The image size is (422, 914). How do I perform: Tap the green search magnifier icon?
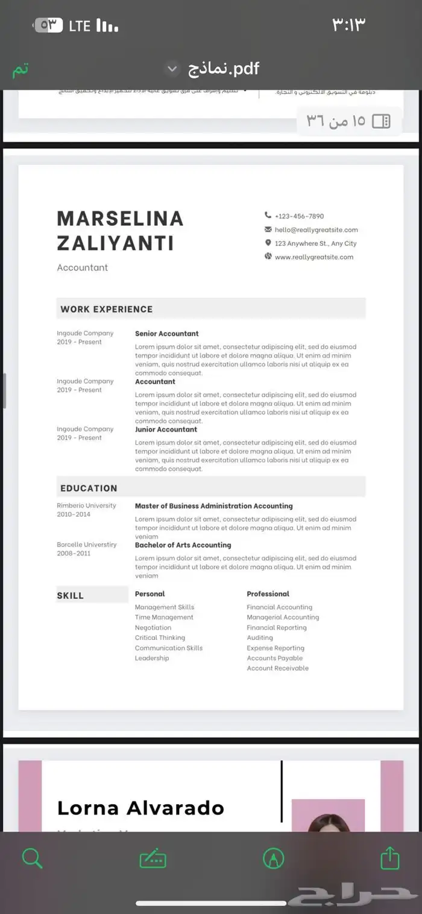click(31, 858)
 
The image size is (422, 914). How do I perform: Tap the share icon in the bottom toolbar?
click(390, 858)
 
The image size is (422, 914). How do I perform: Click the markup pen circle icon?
click(274, 858)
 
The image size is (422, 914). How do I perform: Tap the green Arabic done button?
click(20, 69)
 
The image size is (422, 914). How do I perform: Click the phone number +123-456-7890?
click(299, 216)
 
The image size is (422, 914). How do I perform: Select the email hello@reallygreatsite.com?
click(316, 230)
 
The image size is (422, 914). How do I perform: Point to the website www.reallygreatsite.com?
click(313, 257)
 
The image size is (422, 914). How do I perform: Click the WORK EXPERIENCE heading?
click(107, 309)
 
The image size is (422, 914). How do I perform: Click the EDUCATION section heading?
click(89, 488)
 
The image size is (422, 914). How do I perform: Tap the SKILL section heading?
click(71, 596)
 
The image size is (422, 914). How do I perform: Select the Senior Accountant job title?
click(166, 334)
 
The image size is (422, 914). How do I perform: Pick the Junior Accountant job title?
click(166, 430)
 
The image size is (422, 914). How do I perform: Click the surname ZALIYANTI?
click(115, 243)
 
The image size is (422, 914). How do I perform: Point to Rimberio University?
click(86, 506)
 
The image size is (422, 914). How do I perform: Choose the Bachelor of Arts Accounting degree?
click(183, 545)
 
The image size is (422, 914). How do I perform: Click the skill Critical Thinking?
click(160, 638)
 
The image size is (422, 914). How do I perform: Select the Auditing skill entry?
click(260, 638)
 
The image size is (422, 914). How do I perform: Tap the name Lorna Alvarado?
click(140, 808)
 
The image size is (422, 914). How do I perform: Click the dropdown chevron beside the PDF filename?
click(172, 69)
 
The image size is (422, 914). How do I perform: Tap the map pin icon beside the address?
click(268, 243)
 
